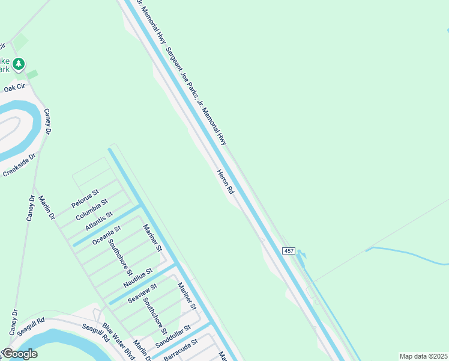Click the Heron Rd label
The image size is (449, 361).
click(x=225, y=182)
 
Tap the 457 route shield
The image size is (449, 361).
click(x=289, y=250)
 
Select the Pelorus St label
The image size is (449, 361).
click(x=85, y=197)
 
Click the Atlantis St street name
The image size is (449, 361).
click(x=99, y=220)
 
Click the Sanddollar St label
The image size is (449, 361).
click(x=172, y=337)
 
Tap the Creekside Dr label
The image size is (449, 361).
click(x=20, y=164)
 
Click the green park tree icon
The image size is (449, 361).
click(x=19, y=63)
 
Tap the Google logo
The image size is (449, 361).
click(x=19, y=354)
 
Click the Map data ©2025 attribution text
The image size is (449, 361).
click(x=423, y=356)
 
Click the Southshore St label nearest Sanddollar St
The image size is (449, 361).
click(x=155, y=316)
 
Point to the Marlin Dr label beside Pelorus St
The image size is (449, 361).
click(x=47, y=207)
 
